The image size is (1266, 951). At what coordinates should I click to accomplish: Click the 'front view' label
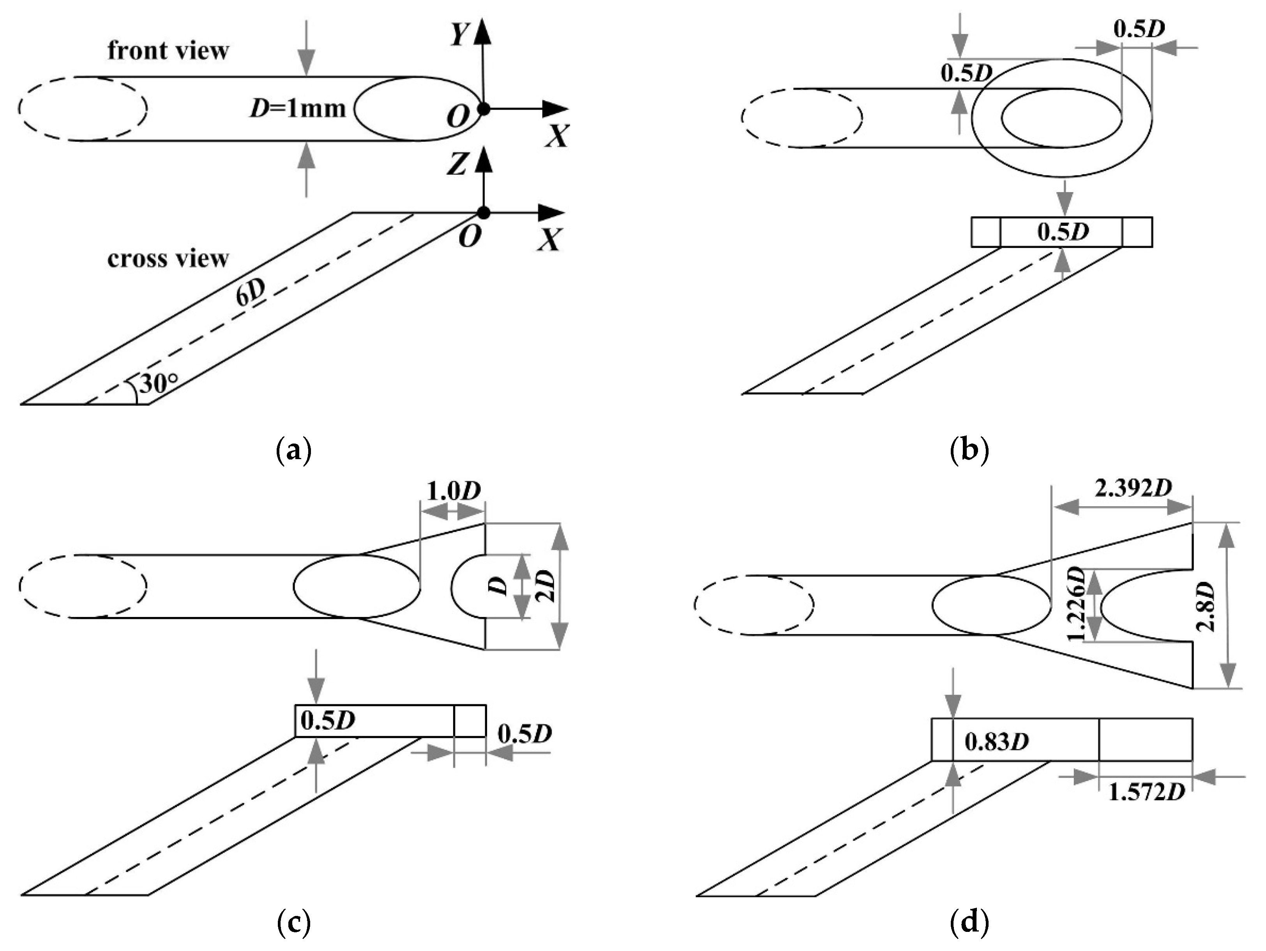point(168,51)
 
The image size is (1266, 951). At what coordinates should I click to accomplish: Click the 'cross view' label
point(168,259)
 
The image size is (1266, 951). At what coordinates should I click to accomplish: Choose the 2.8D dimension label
point(1207,606)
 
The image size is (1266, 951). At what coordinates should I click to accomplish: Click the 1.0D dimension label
point(453,491)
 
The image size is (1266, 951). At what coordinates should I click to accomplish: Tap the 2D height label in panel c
point(546,586)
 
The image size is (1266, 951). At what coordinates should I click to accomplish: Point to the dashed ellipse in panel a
point(83,108)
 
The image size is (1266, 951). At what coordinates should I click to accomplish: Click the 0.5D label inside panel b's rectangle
point(1063,232)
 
